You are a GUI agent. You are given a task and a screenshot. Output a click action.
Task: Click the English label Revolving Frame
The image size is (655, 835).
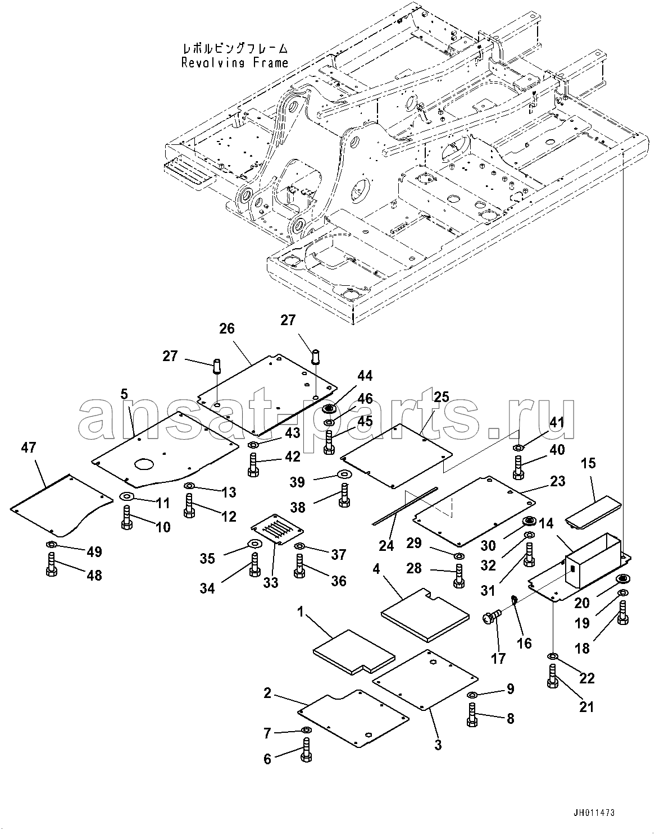tap(235, 62)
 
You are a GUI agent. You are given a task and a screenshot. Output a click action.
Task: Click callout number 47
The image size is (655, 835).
tap(28, 448)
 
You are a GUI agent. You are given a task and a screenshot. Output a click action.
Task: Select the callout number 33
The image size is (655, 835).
tap(270, 582)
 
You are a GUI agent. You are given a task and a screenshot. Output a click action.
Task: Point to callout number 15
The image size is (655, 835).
tap(589, 463)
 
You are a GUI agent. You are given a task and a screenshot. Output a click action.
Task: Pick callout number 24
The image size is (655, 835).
tap(386, 546)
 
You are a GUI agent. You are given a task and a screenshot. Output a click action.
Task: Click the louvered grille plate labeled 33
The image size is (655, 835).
tap(277, 529)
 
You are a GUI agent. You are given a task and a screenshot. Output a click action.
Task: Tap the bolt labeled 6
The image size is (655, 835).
tap(306, 749)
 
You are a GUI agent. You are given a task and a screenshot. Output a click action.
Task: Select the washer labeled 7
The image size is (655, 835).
tap(306, 729)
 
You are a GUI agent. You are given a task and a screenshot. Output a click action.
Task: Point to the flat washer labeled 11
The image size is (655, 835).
tap(126, 496)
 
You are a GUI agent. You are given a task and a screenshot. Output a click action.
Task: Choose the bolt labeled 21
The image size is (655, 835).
tap(553, 676)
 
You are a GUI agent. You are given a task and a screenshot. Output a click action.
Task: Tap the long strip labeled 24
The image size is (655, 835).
tap(405, 506)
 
